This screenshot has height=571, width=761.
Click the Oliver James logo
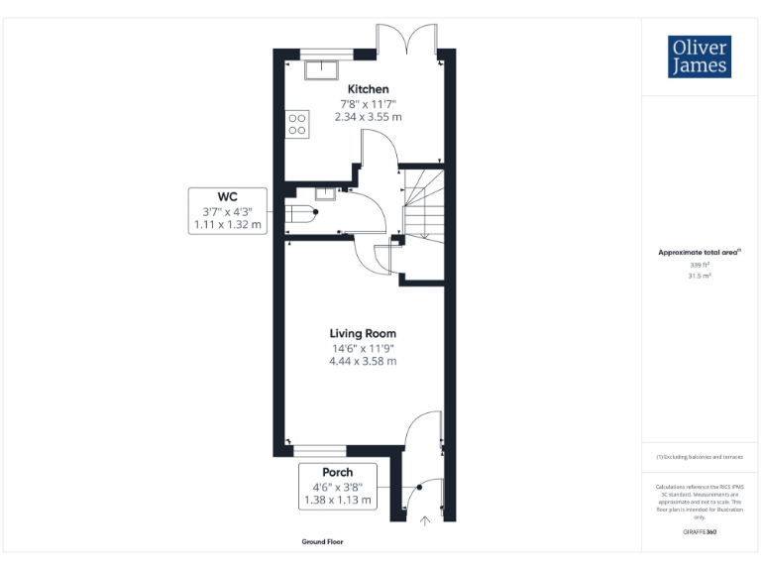click(x=700, y=57)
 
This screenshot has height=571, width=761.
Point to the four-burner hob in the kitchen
click(x=296, y=123)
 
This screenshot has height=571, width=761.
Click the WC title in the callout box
click(x=227, y=195)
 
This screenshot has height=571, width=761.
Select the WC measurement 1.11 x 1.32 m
click(x=227, y=225)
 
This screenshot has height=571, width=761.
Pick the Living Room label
click(x=363, y=333)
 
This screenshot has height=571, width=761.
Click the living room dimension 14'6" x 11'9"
click(x=363, y=348)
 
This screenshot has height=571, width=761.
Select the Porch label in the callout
click(x=337, y=472)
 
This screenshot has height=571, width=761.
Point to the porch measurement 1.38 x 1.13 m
click(x=337, y=501)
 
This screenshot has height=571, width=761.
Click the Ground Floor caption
click(x=322, y=542)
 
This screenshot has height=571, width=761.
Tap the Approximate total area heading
click(x=700, y=253)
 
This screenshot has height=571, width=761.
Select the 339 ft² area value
click(x=700, y=265)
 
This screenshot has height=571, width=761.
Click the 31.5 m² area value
click(x=700, y=277)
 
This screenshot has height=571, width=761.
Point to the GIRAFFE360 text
click(x=700, y=532)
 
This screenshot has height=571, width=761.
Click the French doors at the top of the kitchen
click(x=407, y=40)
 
